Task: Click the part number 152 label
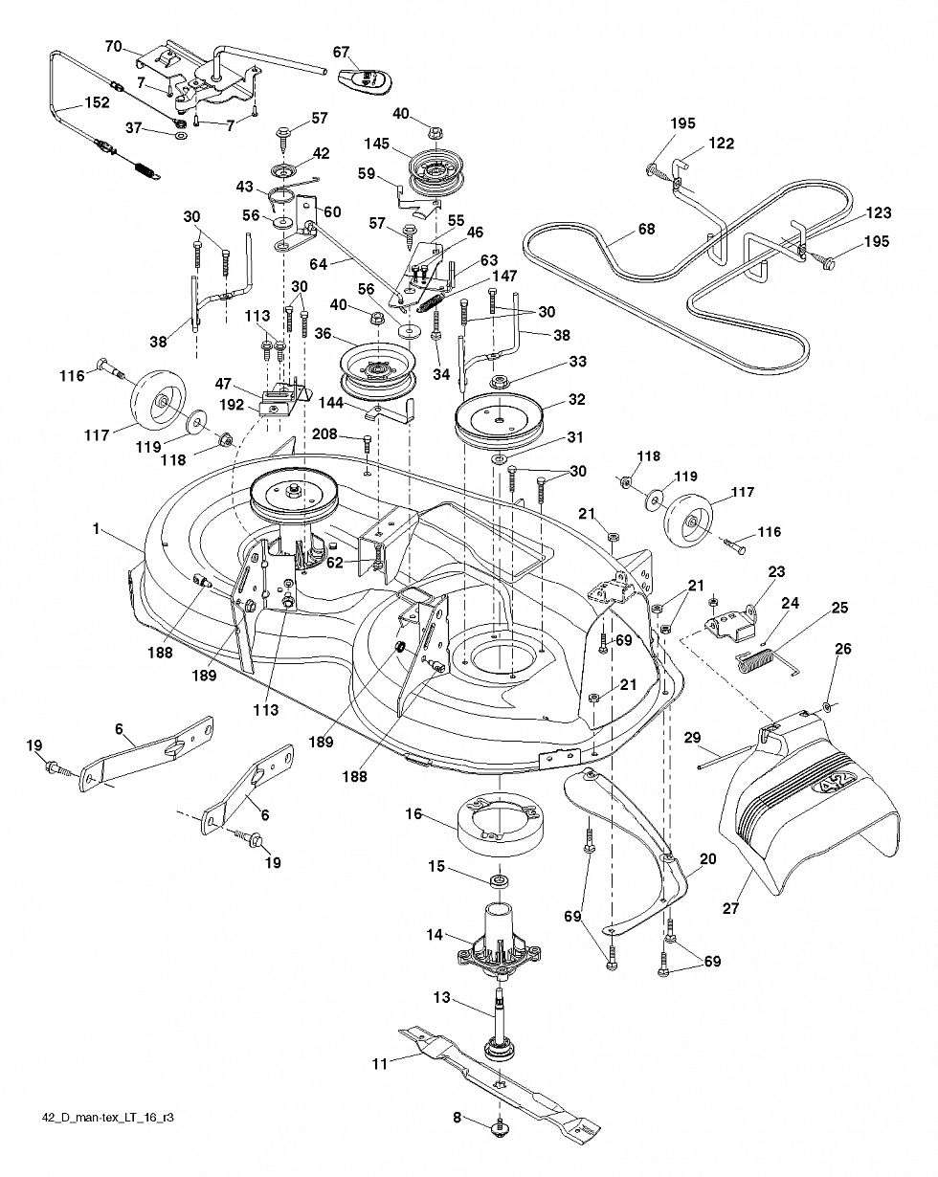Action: pos(97,102)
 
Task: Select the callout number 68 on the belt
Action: pos(646,229)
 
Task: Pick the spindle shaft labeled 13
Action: pos(499,1025)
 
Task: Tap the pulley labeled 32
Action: pos(498,418)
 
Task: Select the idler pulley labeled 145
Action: pos(435,169)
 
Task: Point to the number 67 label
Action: pos(341,52)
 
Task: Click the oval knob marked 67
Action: pos(363,80)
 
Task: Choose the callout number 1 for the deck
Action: pos(97,529)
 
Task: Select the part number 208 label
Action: pos(324,434)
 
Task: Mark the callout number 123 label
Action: pos(879,212)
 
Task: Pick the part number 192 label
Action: pos(232,405)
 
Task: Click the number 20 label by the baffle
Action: pos(707,859)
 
